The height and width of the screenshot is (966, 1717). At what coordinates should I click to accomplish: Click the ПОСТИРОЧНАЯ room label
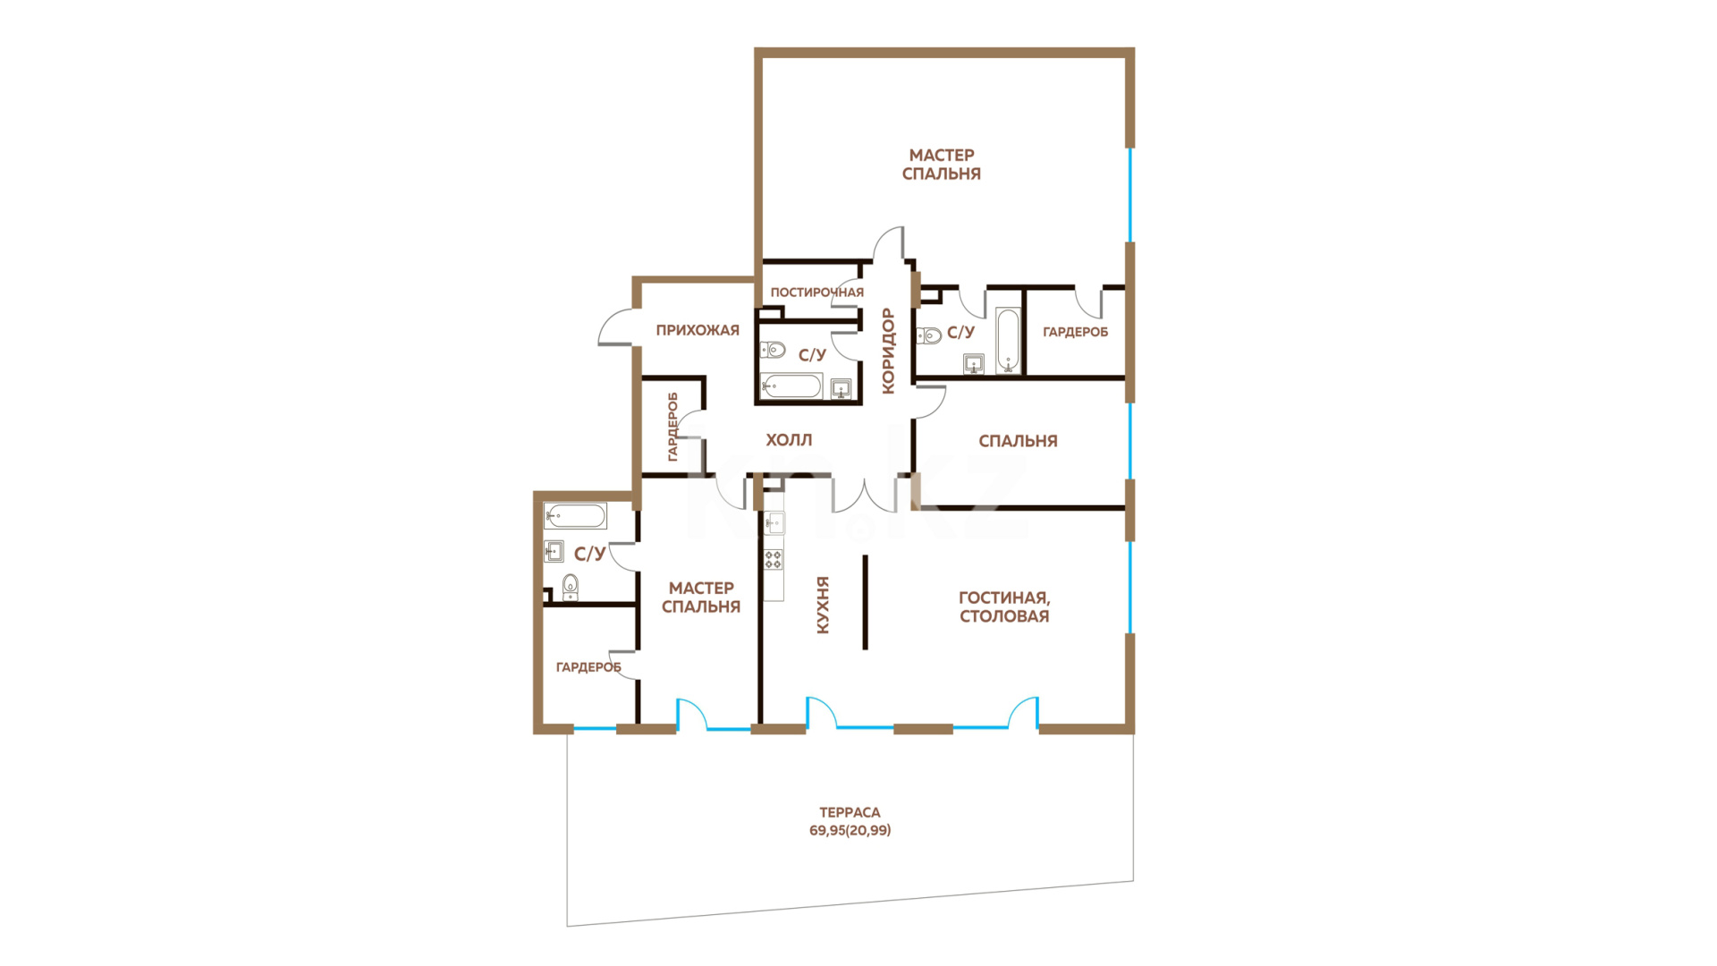(816, 292)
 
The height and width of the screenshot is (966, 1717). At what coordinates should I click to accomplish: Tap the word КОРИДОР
(888, 351)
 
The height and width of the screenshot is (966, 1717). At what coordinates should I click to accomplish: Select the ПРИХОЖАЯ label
(698, 330)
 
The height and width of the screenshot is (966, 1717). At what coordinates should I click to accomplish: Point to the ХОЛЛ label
(789, 440)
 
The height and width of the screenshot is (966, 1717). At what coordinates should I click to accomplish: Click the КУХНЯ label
(823, 605)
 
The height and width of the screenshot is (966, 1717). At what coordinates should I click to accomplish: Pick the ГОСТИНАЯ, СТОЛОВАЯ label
(1004, 606)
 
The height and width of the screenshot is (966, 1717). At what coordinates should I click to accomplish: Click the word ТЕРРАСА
(850, 812)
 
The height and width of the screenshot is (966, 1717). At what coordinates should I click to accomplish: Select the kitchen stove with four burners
(774, 560)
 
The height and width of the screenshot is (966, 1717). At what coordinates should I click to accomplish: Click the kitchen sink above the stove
(774, 523)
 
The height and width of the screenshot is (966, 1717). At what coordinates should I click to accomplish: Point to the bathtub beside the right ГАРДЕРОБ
(1009, 341)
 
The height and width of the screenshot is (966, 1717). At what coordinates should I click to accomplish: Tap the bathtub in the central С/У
(791, 387)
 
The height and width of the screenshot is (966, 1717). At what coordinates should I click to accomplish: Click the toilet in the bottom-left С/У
(571, 587)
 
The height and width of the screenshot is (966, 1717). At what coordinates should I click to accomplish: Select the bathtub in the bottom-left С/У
(575, 516)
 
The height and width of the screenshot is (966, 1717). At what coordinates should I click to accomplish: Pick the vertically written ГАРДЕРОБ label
(673, 427)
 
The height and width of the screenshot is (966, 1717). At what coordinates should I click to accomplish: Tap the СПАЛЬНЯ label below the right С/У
(1018, 441)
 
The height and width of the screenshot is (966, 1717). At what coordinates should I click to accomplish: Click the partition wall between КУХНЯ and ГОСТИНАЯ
(865, 602)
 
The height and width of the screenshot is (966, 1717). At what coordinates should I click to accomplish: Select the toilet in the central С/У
(773, 349)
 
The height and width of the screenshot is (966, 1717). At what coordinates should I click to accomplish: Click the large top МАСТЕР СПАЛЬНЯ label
(942, 165)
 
